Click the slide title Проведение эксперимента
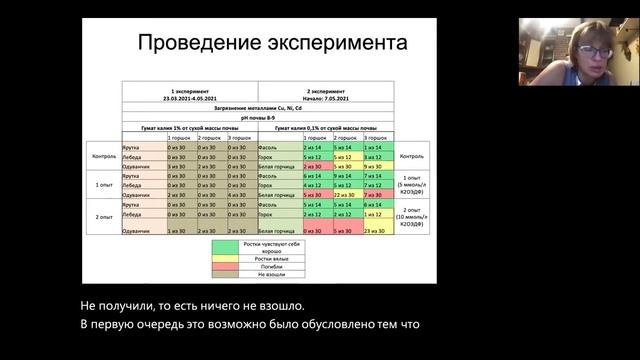click(271, 45)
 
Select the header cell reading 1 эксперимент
click(189, 89)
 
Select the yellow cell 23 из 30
click(373, 231)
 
